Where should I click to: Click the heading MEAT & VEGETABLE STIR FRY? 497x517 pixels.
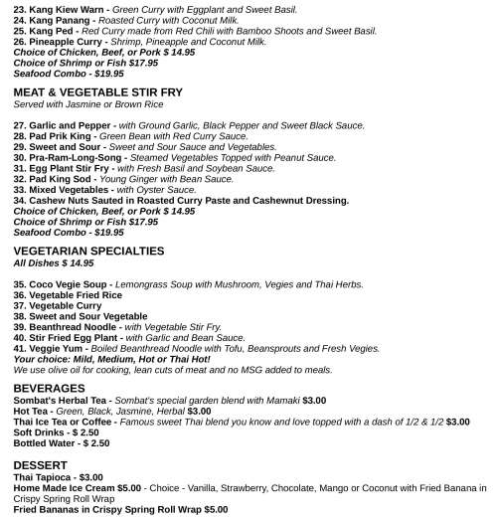[x=97, y=91]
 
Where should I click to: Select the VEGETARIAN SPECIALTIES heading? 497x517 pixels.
[x=88, y=252]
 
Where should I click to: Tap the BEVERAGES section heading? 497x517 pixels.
[x=49, y=387]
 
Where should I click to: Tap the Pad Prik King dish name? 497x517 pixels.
[x=64, y=136]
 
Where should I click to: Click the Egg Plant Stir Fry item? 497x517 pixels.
[x=71, y=168]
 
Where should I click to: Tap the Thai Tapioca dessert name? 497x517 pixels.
[x=44, y=477]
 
